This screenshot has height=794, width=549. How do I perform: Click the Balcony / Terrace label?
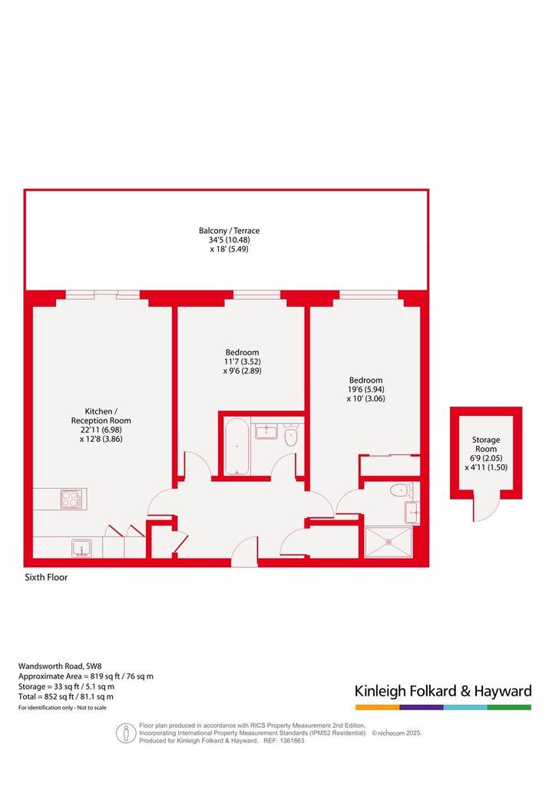point(230,231)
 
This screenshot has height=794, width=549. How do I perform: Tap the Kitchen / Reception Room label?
point(101,416)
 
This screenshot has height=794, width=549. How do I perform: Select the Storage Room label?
point(486,444)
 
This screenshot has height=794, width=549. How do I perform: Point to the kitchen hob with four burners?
point(71,499)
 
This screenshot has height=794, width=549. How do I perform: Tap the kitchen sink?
point(81,548)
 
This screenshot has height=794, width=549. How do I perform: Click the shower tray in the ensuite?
point(388,542)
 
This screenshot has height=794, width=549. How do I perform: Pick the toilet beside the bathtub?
point(291,437)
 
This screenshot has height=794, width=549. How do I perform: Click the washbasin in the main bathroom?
point(266,431)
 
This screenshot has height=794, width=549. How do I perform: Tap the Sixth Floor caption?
point(46,577)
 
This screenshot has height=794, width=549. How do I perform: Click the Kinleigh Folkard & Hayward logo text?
point(443,691)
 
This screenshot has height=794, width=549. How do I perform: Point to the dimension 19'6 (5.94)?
point(365,390)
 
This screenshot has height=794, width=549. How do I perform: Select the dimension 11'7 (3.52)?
point(243,361)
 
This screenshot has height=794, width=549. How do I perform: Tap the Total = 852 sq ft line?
point(66,697)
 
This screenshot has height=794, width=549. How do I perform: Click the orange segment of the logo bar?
point(377,707)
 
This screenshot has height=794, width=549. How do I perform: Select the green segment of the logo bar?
point(510,707)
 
